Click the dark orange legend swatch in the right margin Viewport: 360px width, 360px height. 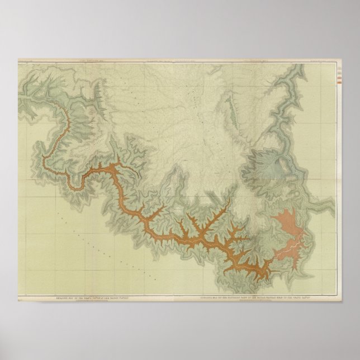341,82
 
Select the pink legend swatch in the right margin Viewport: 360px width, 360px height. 341,77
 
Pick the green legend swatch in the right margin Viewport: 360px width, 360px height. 341,73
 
